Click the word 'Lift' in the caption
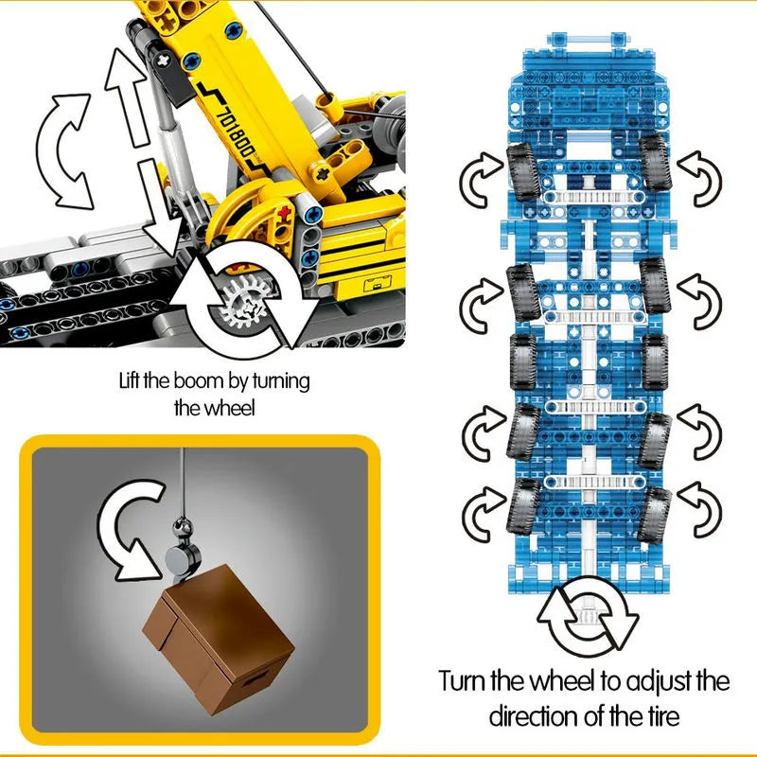(130, 381)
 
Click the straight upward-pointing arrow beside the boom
(127, 97)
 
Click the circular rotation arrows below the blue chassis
(587, 614)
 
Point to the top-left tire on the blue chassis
(523, 171)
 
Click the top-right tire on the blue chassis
(655, 162)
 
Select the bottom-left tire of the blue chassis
(523, 505)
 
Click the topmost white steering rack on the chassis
(594, 197)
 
